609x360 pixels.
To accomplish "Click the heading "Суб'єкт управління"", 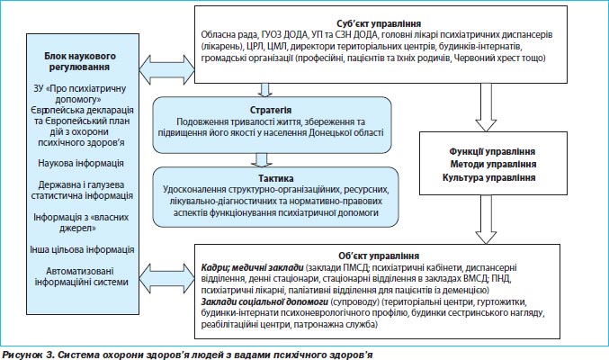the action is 379,23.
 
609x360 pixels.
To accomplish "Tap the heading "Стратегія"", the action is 271,110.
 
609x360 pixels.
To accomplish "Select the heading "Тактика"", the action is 276,178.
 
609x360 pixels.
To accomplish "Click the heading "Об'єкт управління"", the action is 379,256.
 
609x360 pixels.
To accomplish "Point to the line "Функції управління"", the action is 492,151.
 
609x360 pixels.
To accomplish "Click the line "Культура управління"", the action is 489,177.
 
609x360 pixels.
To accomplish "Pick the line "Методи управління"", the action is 493,164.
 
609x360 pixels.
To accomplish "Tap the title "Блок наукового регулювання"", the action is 80,61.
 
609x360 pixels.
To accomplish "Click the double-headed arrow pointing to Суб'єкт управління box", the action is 166,70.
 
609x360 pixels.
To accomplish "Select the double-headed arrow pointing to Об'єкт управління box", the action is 166,278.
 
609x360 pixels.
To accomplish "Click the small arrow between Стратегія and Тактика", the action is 262,160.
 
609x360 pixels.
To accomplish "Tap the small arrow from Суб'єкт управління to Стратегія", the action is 264,90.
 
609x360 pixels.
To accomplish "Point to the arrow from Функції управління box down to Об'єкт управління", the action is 486,220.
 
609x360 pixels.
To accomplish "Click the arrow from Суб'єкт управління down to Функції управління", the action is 486,107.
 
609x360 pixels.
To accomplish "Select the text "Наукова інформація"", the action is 81,163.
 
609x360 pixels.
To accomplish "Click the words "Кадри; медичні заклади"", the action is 253,267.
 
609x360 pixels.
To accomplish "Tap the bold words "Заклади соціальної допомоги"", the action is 264,301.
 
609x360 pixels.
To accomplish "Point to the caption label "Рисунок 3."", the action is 28,355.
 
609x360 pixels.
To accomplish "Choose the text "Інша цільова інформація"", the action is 82,249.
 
